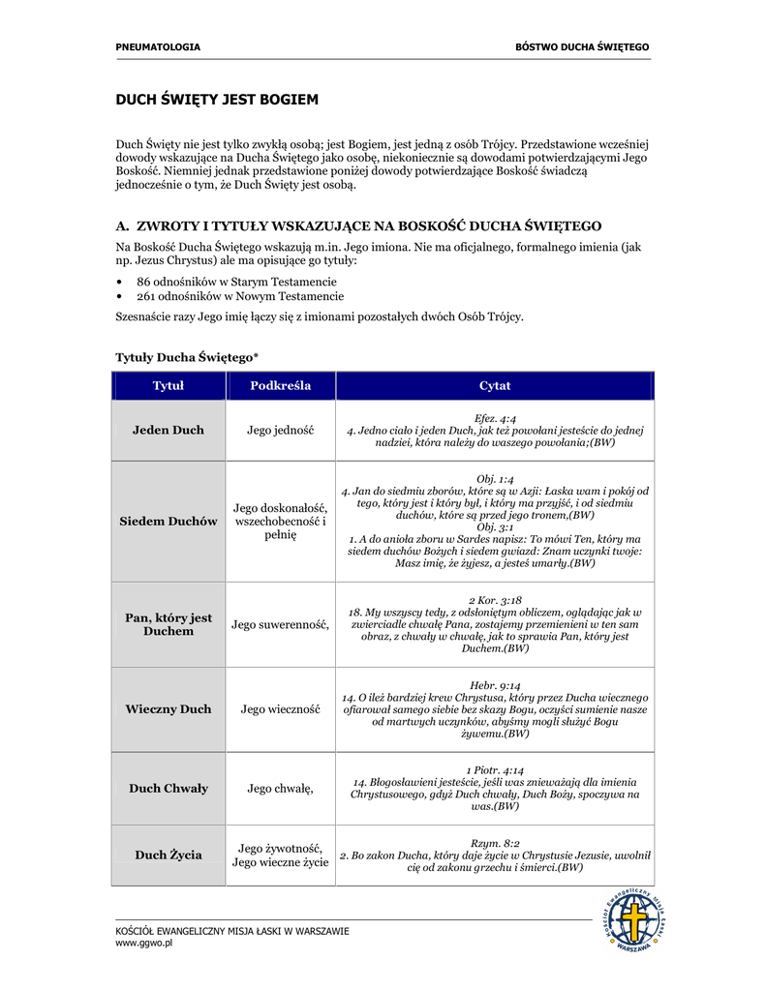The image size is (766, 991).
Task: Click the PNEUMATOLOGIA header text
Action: pos(158,46)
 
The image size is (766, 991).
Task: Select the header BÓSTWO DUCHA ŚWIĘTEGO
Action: pos(582,46)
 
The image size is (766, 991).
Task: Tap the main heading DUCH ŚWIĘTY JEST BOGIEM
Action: pos(217,100)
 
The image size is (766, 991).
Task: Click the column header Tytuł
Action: pos(169,386)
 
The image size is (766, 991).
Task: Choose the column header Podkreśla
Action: pos(281,386)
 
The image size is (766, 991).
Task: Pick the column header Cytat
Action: pos(495,386)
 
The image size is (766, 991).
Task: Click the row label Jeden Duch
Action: pos(169,430)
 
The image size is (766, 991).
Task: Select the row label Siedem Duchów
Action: pos(169,522)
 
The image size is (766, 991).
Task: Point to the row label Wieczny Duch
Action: pos(169,709)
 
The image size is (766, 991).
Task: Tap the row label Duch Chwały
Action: pos(169,789)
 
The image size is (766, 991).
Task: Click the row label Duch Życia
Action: pos(169,855)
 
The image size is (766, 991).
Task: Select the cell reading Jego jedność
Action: pos(281,430)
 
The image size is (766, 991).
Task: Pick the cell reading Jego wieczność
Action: pos(281,709)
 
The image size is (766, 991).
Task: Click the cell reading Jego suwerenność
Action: pos(281,624)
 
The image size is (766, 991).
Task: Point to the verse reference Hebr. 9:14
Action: pos(495,685)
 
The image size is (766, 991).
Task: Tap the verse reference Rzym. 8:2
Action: pos(495,843)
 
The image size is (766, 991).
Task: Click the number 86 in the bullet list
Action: pos(144,281)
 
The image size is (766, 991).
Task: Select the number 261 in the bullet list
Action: pos(147,296)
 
